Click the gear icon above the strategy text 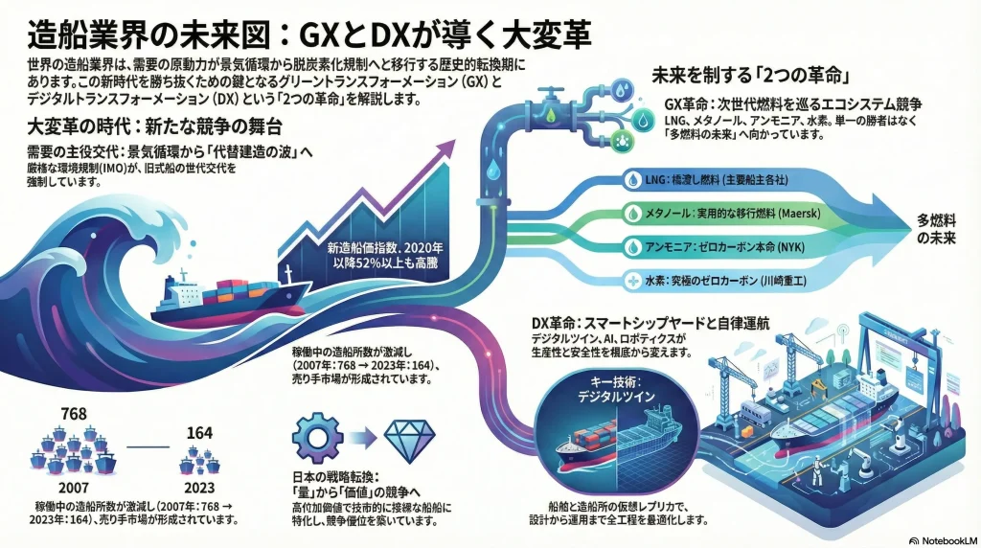(x=316, y=438)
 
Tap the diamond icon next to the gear (x=409, y=438)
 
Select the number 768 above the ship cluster (x=74, y=414)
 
